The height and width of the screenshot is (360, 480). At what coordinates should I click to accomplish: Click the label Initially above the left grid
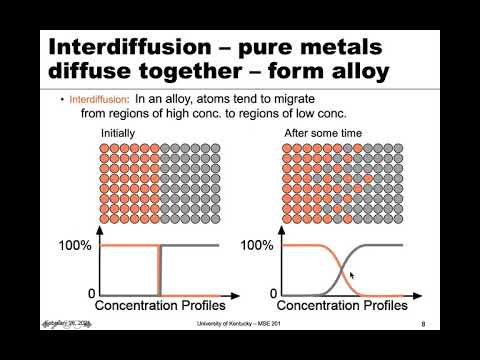pyautogui.click(x=119, y=131)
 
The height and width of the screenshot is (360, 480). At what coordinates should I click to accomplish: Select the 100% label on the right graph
pyautogui.click(x=258, y=245)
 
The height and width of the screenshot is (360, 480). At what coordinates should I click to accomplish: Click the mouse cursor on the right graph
pyautogui.click(x=352, y=274)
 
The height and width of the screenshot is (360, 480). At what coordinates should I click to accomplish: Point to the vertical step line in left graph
pyautogui.click(x=159, y=270)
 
